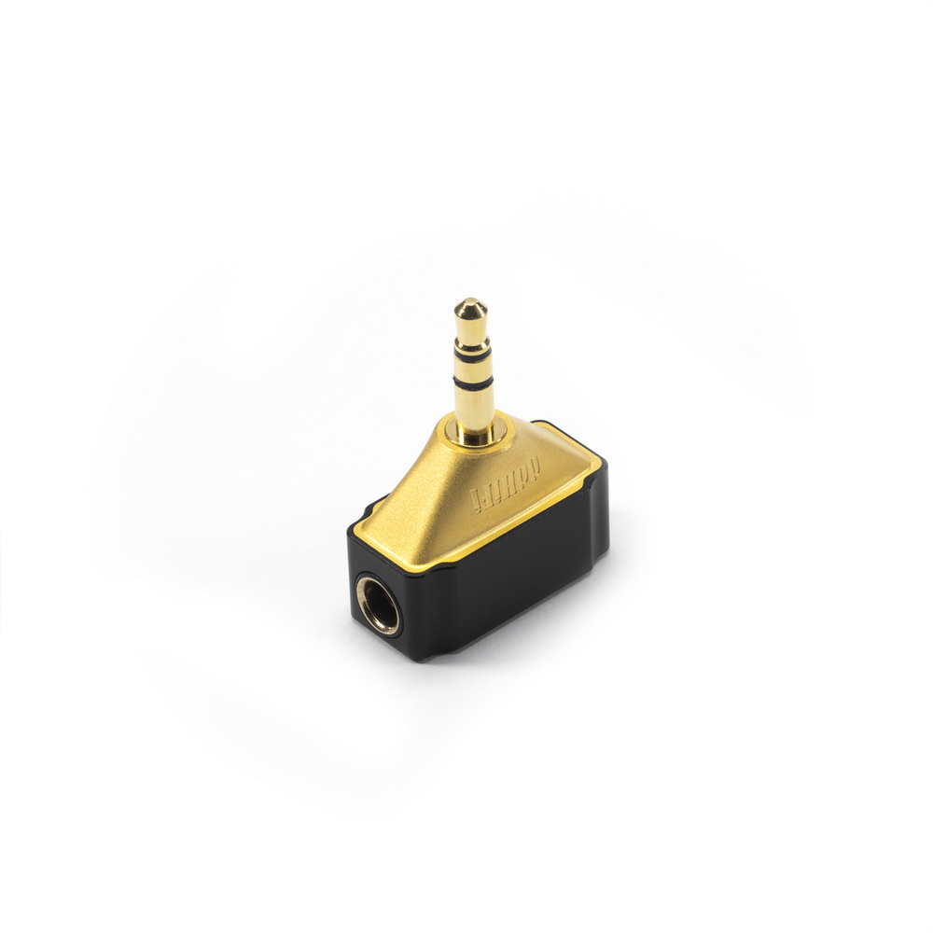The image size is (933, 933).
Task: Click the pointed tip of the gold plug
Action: (x=469, y=305)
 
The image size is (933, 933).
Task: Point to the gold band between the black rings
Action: (x=471, y=367)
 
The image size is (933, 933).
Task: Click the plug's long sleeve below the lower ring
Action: (x=473, y=406)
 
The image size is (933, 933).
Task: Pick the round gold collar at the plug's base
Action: (x=476, y=432)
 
